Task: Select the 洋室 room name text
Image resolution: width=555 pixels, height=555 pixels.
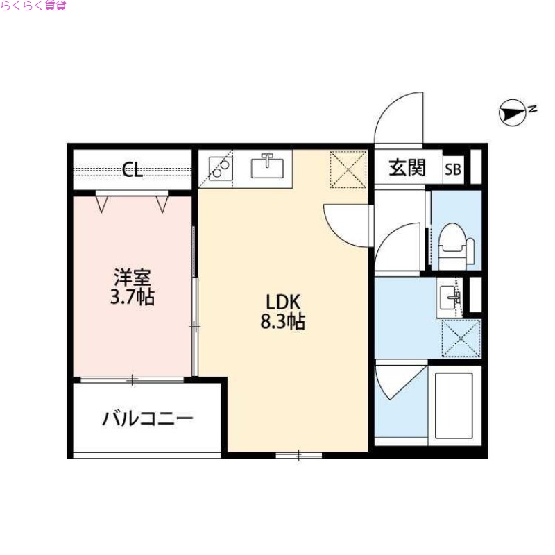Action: [x=132, y=278]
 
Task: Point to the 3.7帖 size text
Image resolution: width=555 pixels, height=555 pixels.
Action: [x=133, y=298]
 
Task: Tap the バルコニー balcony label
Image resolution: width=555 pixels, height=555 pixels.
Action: [x=148, y=419]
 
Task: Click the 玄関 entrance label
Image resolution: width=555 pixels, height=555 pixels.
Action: [x=407, y=169]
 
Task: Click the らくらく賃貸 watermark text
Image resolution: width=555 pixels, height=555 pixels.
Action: [x=33, y=6]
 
